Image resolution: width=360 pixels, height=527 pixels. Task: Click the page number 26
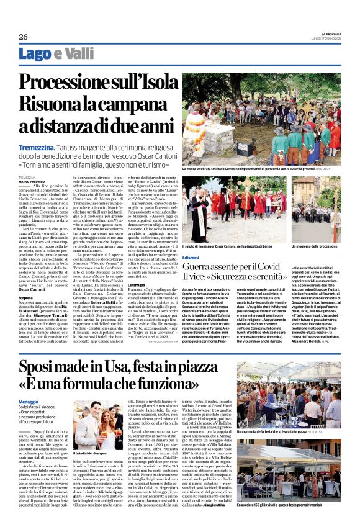tap(23, 37)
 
